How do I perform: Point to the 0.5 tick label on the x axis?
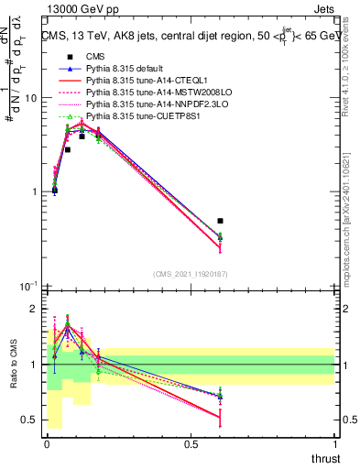coord(191,444)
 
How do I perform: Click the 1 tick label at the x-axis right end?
coord(335,444)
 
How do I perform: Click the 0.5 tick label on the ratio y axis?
coord(31,420)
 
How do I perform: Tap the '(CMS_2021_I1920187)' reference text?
coord(191,273)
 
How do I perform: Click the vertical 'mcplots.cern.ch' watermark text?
coord(348,229)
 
